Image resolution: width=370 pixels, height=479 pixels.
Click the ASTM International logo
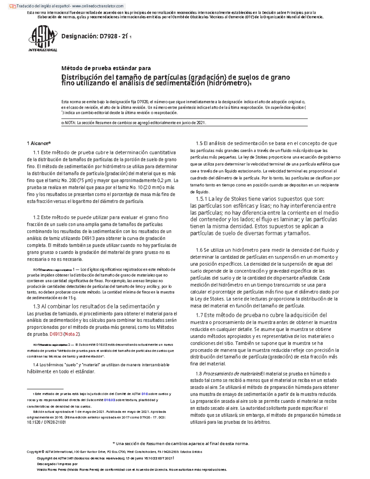(x=43, y=39)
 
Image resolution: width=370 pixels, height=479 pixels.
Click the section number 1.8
(x=199, y=374)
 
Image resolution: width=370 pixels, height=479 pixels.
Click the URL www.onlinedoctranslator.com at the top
(x=99, y=6)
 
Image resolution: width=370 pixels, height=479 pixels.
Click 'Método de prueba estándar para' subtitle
(x=106, y=68)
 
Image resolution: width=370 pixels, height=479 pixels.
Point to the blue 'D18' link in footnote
(x=145, y=394)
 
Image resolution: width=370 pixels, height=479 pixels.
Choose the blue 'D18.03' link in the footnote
(x=109, y=400)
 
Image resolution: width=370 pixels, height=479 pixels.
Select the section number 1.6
(x=199, y=250)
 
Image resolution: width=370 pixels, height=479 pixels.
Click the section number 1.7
(x=199, y=315)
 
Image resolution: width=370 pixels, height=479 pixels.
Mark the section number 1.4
(x=36, y=365)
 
